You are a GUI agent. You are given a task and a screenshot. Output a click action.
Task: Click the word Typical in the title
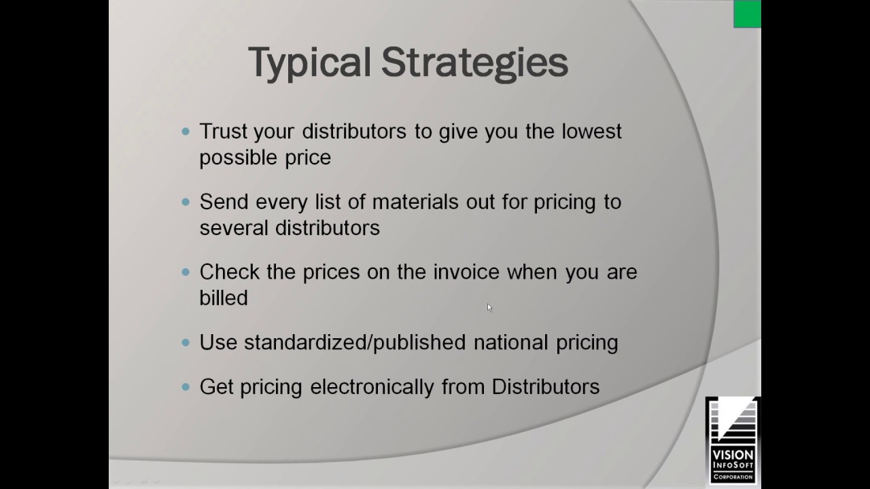[x=310, y=62]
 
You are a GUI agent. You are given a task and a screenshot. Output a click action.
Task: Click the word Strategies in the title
[x=474, y=62]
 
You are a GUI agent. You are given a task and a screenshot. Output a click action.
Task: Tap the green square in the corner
[x=747, y=14]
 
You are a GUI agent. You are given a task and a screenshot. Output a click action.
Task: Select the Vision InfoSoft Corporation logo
[x=732, y=440]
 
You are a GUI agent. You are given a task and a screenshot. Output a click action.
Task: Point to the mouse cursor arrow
[x=489, y=308]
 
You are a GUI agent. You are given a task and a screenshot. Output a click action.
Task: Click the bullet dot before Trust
[x=186, y=132]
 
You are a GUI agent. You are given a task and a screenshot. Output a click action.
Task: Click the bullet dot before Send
[x=186, y=202]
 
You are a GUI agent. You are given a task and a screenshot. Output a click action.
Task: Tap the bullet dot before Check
[x=186, y=272]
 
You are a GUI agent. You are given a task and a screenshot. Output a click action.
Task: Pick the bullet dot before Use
[x=186, y=343]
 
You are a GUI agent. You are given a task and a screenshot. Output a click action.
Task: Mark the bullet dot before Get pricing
[x=186, y=387]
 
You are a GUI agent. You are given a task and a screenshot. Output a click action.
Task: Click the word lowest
[x=591, y=131]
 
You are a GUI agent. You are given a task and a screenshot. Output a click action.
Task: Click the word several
[x=233, y=228]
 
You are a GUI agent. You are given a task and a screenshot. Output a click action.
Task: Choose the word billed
[x=224, y=298]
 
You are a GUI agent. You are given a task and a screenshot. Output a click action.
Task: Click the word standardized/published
[x=354, y=342]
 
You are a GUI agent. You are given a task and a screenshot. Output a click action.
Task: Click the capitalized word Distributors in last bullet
[x=546, y=386]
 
